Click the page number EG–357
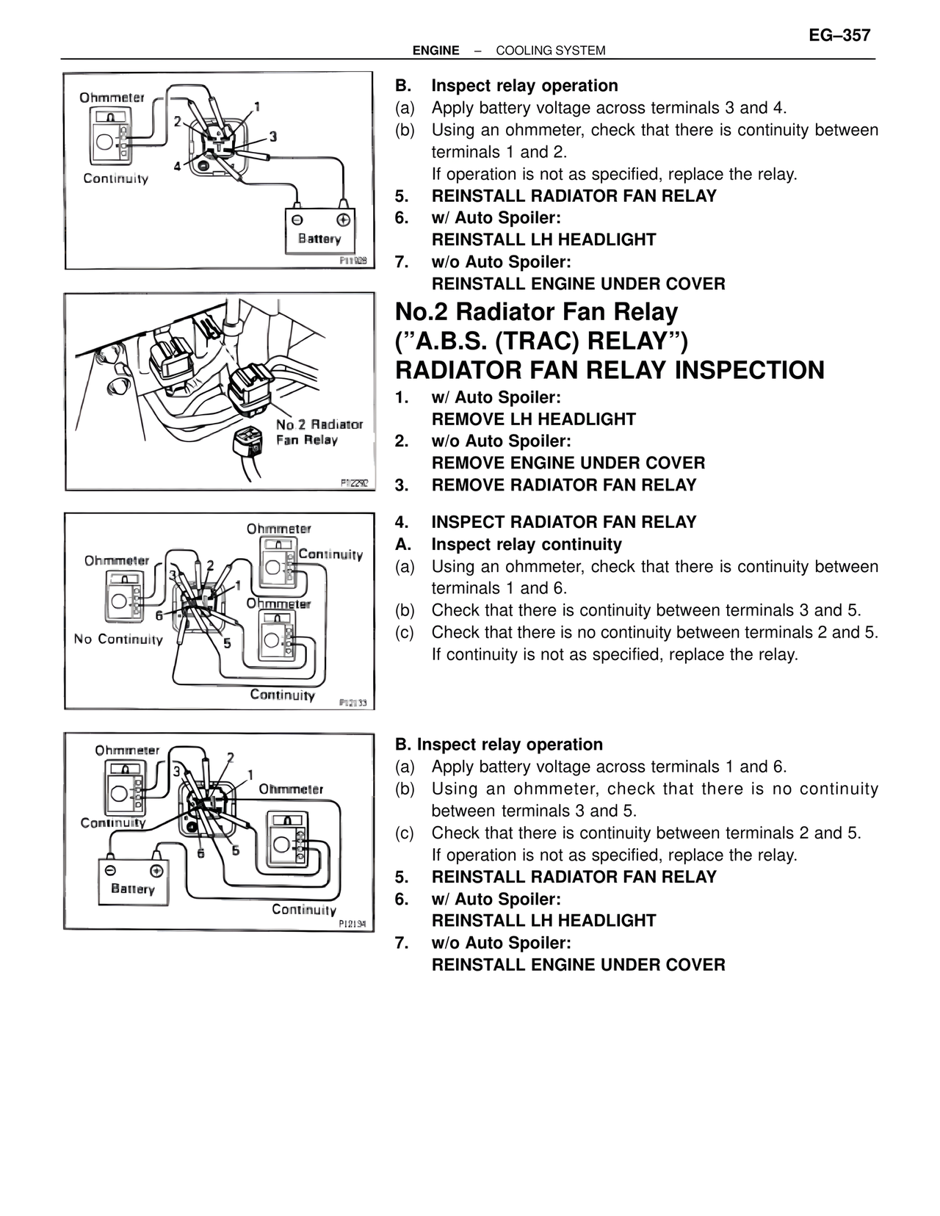[x=839, y=35]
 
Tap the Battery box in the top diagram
[x=319, y=230]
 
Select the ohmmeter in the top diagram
[x=109, y=137]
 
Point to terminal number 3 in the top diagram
[x=272, y=137]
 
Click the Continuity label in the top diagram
[x=115, y=178]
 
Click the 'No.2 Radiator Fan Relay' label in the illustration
[x=319, y=432]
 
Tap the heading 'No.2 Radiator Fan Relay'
[x=536, y=312]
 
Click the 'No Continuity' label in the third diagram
[x=118, y=639]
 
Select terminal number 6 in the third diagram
[x=159, y=615]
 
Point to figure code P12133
[x=352, y=703]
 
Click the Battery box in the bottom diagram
[x=133, y=881]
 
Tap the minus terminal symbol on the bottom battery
[x=110, y=870]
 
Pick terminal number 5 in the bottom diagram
[x=236, y=850]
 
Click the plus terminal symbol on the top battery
[x=342, y=220]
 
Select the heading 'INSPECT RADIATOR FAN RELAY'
[x=564, y=522]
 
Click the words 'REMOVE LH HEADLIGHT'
[x=534, y=419]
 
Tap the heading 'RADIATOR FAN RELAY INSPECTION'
[x=610, y=370]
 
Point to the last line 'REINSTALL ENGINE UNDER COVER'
[x=579, y=965]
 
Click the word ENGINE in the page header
[x=435, y=51]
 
